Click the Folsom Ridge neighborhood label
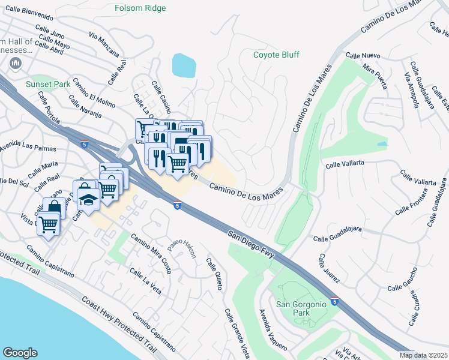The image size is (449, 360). click(140, 8)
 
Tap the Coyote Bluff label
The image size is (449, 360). click(276, 55)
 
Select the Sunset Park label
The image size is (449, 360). click(43, 85)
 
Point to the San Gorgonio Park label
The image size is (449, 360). click(301, 308)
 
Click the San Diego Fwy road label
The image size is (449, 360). click(250, 242)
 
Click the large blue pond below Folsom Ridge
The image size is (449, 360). click(183, 65)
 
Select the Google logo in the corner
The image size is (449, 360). click(20, 353)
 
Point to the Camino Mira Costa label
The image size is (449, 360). click(151, 253)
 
